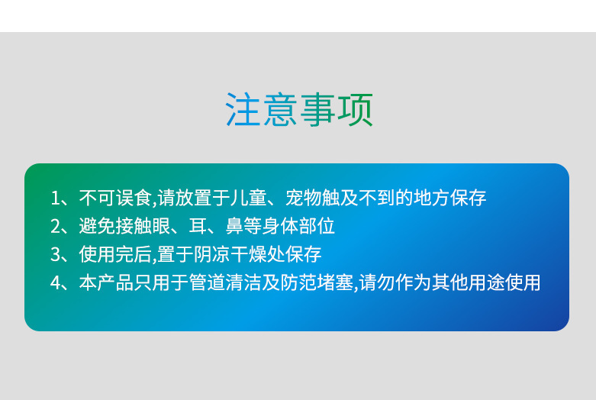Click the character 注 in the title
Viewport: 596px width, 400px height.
click(243, 109)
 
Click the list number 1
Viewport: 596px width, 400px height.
click(55, 198)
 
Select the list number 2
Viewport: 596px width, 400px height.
click(55, 227)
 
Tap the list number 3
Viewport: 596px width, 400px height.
click(55, 255)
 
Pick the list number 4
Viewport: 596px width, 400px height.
click(55, 283)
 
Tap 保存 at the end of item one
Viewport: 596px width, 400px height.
click(469, 198)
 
